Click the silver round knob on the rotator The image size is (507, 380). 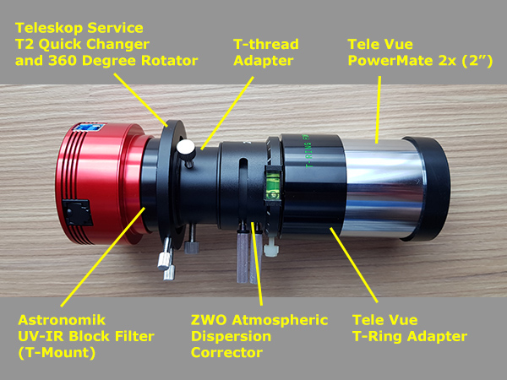(x=186, y=148)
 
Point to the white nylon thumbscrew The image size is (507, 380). (x=271, y=247)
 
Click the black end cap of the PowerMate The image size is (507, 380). (x=428, y=189)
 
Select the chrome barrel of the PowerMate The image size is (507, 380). (x=382, y=188)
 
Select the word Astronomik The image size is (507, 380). (x=62, y=320)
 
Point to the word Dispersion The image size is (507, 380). (x=231, y=336)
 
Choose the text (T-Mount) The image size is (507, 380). (x=57, y=352)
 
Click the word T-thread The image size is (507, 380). (x=266, y=44)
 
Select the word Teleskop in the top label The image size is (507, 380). (x=48, y=28)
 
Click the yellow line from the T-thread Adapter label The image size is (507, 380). (x=227, y=113)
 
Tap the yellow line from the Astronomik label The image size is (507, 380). (x=103, y=258)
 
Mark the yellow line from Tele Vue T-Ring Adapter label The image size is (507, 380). (x=354, y=265)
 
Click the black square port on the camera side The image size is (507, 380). (x=77, y=213)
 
